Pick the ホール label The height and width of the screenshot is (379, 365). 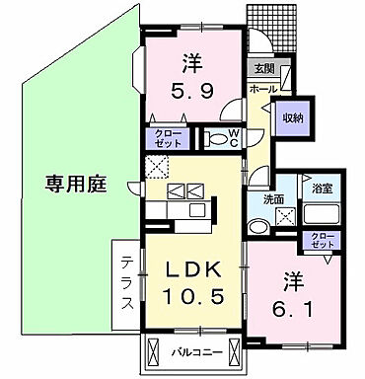261,89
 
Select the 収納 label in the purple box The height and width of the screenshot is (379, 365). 293,115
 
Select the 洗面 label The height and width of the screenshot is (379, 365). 273,200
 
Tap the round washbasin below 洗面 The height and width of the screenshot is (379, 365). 259,225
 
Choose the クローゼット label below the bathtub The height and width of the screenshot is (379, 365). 323,242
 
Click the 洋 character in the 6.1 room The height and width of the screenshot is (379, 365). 292,278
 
